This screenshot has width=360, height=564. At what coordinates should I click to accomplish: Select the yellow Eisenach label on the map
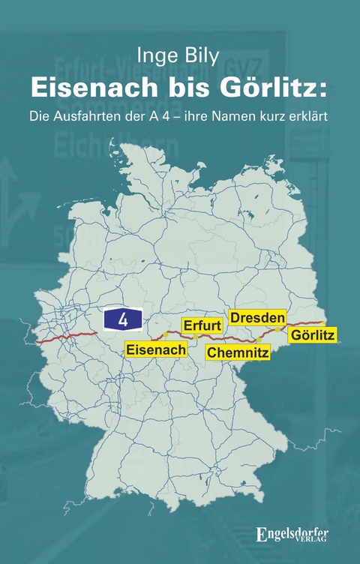pos(156,349)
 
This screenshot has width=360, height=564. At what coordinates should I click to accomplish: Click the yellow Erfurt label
pos(202,325)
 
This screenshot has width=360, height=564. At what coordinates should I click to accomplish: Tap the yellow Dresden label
pos(258,318)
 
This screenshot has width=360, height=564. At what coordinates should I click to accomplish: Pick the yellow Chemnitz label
pos(238,352)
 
